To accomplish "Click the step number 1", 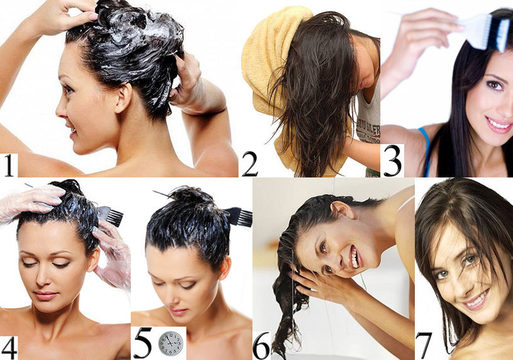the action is tap(9, 166).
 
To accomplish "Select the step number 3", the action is tap(392, 160).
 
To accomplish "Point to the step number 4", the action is tap(9, 347).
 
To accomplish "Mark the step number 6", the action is tap(262, 346).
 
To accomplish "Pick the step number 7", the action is tap(424, 346).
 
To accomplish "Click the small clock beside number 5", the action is tap(171, 343).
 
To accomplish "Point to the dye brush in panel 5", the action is tap(238, 217).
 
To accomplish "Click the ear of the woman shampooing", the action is tap(123, 98).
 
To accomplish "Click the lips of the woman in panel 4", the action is tap(45, 296).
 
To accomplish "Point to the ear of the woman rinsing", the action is tap(342, 209).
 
